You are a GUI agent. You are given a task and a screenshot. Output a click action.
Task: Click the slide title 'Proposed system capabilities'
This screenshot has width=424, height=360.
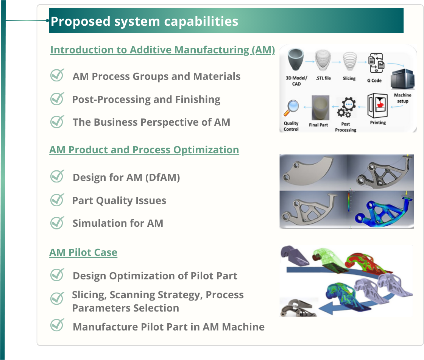(x=144, y=21)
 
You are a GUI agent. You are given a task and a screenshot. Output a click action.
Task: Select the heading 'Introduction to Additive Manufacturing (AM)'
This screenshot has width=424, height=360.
(x=162, y=50)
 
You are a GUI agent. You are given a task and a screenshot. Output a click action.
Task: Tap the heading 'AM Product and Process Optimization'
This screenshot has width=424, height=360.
(x=144, y=150)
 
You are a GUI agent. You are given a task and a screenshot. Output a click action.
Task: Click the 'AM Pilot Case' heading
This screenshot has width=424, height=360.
(x=83, y=252)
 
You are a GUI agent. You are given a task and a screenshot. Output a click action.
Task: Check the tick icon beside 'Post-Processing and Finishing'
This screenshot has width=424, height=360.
(x=57, y=99)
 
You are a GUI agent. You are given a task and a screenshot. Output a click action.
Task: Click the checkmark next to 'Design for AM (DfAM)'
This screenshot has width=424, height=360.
(x=57, y=176)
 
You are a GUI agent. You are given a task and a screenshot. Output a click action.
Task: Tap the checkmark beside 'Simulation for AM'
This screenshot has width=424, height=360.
(x=57, y=223)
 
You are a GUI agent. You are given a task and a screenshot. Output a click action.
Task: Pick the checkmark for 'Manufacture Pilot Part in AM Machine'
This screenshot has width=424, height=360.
(x=57, y=325)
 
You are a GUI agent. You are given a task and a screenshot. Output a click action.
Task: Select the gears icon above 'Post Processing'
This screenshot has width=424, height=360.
(x=346, y=108)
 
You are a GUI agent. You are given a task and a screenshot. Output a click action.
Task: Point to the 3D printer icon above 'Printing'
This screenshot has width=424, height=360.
(x=377, y=105)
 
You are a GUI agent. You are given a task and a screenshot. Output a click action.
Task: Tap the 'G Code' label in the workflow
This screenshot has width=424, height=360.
(x=374, y=81)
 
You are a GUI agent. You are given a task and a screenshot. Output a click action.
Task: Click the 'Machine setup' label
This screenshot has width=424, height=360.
(x=402, y=98)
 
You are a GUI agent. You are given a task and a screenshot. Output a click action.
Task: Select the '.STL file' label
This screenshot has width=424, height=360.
(x=323, y=78)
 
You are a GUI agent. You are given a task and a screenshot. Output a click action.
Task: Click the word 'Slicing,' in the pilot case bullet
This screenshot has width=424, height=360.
(x=89, y=295)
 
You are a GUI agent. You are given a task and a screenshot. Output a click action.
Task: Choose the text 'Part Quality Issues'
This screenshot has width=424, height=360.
(x=119, y=200)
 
